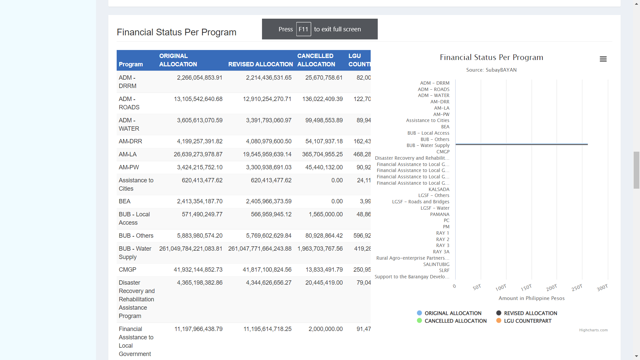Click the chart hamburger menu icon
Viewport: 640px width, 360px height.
tap(603, 59)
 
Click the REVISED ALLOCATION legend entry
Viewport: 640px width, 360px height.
tap(527, 313)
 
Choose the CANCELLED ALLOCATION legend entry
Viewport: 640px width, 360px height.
tap(452, 321)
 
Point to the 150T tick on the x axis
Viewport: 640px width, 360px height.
tap(526, 288)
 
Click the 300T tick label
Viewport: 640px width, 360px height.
tap(602, 288)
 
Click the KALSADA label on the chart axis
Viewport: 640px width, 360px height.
tap(439, 189)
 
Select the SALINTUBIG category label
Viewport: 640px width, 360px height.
tap(436, 264)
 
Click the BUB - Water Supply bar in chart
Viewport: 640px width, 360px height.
tap(522, 144)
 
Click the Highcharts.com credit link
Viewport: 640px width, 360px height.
tap(593, 330)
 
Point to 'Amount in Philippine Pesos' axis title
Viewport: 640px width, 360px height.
tap(532, 298)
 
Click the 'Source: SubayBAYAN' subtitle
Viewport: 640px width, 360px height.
tap(491, 70)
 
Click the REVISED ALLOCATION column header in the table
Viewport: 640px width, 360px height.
tap(261, 64)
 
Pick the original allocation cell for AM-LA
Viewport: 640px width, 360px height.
tap(198, 154)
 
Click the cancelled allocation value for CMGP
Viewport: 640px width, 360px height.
tap(324, 270)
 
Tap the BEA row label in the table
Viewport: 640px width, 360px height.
tap(125, 201)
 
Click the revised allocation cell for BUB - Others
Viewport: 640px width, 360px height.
tap(269, 236)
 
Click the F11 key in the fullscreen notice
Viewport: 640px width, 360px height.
tap(303, 29)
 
